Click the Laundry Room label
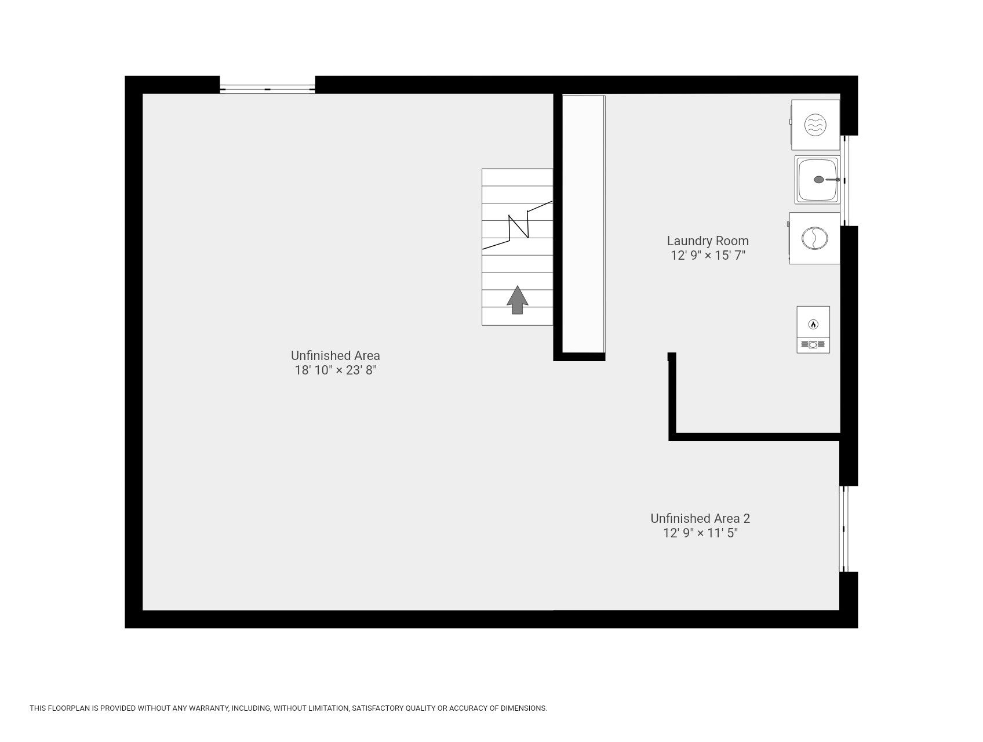[708, 241]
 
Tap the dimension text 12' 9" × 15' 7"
[708, 256]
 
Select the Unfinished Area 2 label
[700, 518]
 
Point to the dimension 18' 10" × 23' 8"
[336, 370]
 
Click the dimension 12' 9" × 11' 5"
[700, 533]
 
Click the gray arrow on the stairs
[518, 300]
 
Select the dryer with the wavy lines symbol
[814, 125]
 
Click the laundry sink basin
[817, 180]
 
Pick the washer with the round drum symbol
[814, 238]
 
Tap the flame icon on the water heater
[813, 325]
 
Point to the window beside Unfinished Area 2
[844, 529]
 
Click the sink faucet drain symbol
[819, 180]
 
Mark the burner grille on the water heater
[813, 345]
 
